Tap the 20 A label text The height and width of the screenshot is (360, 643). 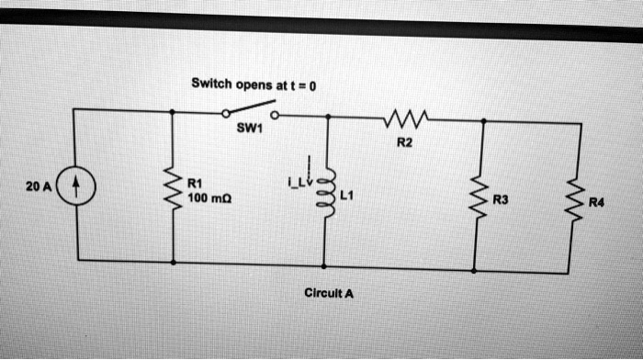coord(38,186)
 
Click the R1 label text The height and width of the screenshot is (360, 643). coord(195,182)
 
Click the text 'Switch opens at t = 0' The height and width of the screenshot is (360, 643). coord(253,84)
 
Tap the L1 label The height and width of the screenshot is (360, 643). coord(346,194)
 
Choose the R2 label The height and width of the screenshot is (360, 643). coord(405,141)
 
